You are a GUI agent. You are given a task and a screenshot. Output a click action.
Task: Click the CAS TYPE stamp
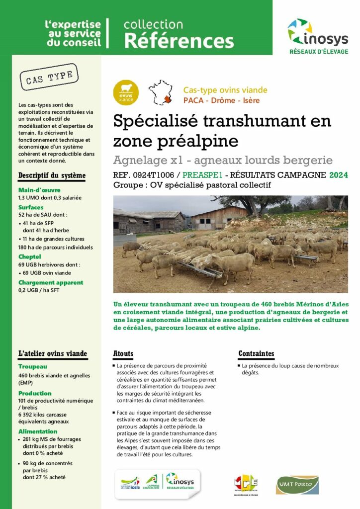(x=49, y=77)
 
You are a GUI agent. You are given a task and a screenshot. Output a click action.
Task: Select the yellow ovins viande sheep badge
(x=126, y=93)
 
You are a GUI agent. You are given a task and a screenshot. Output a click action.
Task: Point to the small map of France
(x=160, y=92)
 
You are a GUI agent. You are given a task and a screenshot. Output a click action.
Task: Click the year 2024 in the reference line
(x=338, y=175)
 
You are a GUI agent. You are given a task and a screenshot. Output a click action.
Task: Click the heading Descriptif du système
(x=52, y=175)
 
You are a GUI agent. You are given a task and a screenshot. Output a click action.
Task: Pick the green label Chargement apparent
(x=51, y=282)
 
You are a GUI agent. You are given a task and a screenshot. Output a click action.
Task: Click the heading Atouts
(x=123, y=354)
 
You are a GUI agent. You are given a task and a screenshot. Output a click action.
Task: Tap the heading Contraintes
(x=256, y=354)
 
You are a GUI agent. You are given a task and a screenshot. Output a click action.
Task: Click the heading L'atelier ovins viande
(x=53, y=354)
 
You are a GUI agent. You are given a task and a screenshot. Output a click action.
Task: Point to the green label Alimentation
(x=38, y=431)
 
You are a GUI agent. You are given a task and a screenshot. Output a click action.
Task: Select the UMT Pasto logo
(x=297, y=484)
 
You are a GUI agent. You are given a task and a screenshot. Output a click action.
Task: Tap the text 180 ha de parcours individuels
(x=56, y=247)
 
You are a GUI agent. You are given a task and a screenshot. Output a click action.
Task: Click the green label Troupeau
(x=33, y=366)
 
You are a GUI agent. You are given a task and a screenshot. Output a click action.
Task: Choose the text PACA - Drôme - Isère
(x=221, y=100)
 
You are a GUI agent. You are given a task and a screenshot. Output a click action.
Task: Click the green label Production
(x=35, y=393)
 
